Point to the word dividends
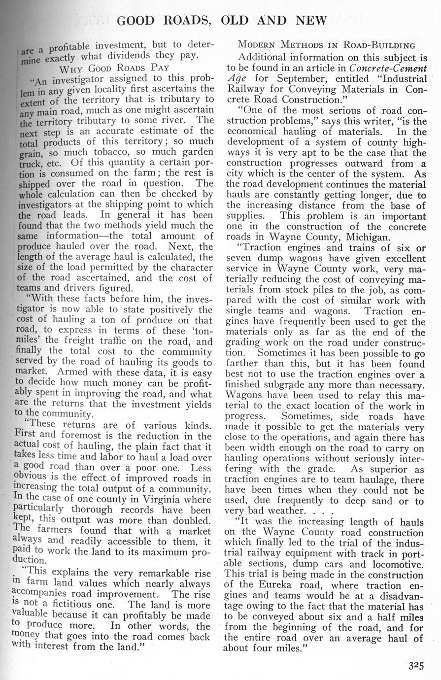point(117,56)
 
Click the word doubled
point(189,521)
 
